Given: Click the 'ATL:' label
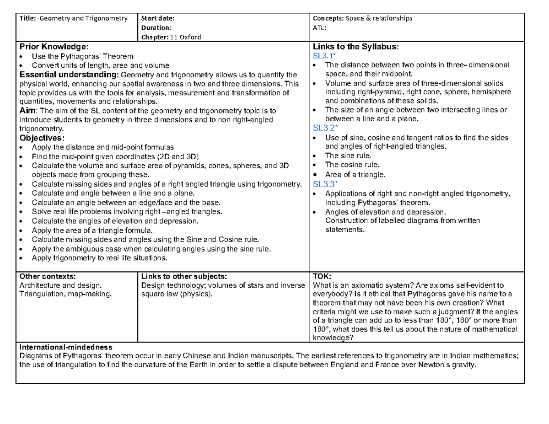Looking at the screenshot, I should (x=319, y=27).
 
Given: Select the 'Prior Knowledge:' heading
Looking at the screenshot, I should (x=51, y=47).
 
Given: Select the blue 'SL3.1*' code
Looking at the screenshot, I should (x=324, y=56).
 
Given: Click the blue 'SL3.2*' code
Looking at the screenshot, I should (x=324, y=129).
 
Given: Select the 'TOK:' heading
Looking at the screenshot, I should (x=320, y=276).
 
